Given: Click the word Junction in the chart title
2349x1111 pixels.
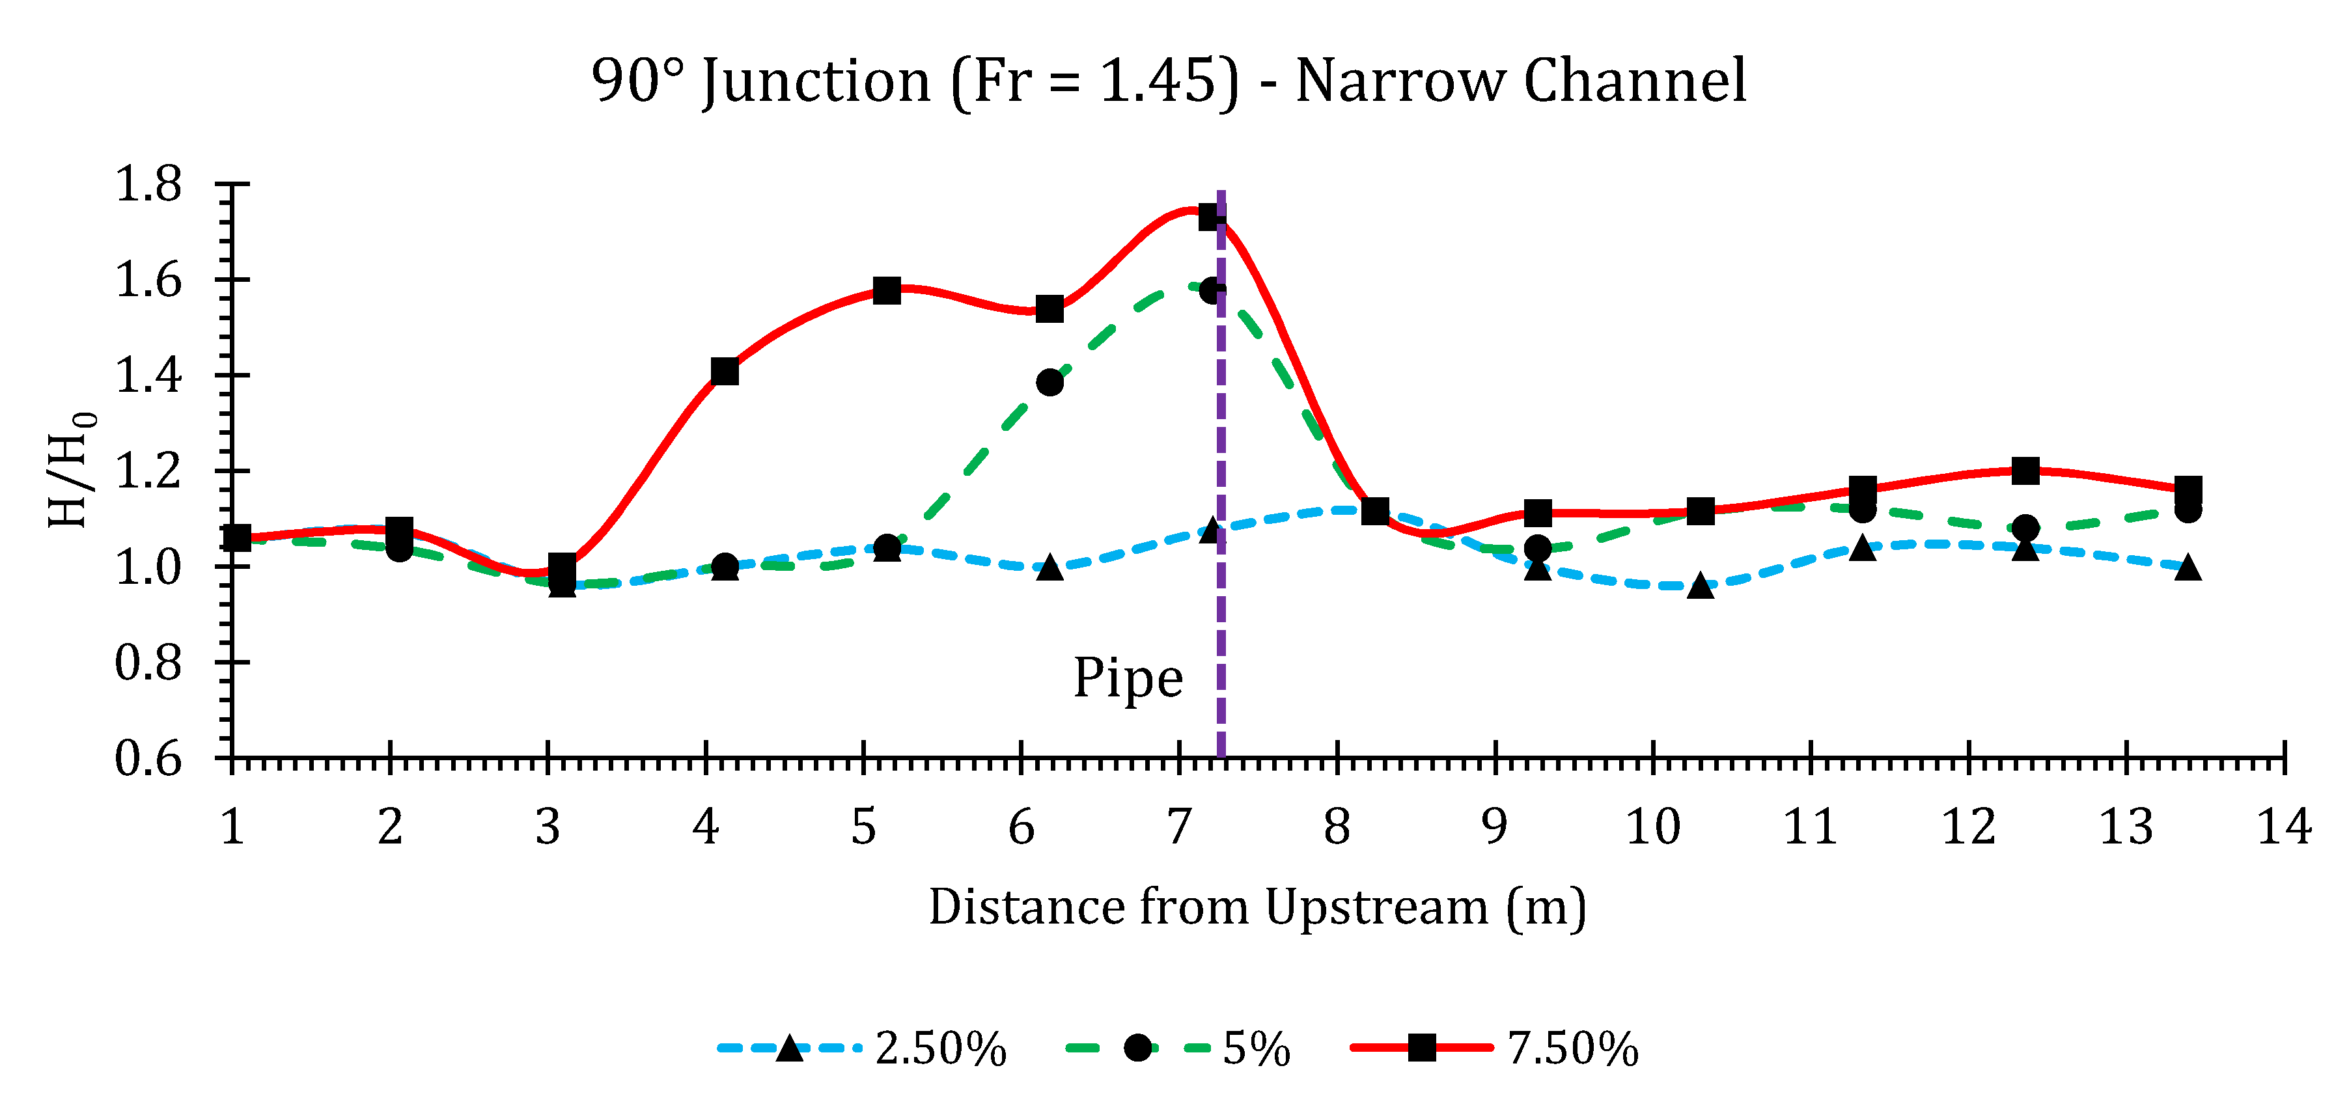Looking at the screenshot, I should [x=816, y=82].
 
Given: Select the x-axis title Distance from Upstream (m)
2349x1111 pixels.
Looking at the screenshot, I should [x=1257, y=908].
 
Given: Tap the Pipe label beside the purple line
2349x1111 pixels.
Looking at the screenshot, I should [x=1128, y=679].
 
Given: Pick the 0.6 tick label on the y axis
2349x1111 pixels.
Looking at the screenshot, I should [x=148, y=759].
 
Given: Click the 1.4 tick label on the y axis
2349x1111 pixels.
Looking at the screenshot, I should [x=148, y=376].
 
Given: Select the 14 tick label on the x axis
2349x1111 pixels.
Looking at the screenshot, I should [x=2283, y=827].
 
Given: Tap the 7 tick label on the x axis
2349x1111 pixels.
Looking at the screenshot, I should [x=1179, y=827].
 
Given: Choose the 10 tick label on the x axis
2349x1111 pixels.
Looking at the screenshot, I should [x=1652, y=827].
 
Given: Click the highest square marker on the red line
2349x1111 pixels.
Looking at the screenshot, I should [x=1212, y=217].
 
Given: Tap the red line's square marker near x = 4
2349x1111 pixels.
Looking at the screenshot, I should [x=725, y=371].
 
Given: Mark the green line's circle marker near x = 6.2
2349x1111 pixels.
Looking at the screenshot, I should [x=1049, y=382].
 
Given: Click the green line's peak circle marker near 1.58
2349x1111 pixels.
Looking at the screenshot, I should [x=1212, y=291].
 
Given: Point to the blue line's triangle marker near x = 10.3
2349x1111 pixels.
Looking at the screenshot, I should [x=1701, y=586].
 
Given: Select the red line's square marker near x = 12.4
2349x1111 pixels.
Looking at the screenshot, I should [x=2025, y=471].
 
